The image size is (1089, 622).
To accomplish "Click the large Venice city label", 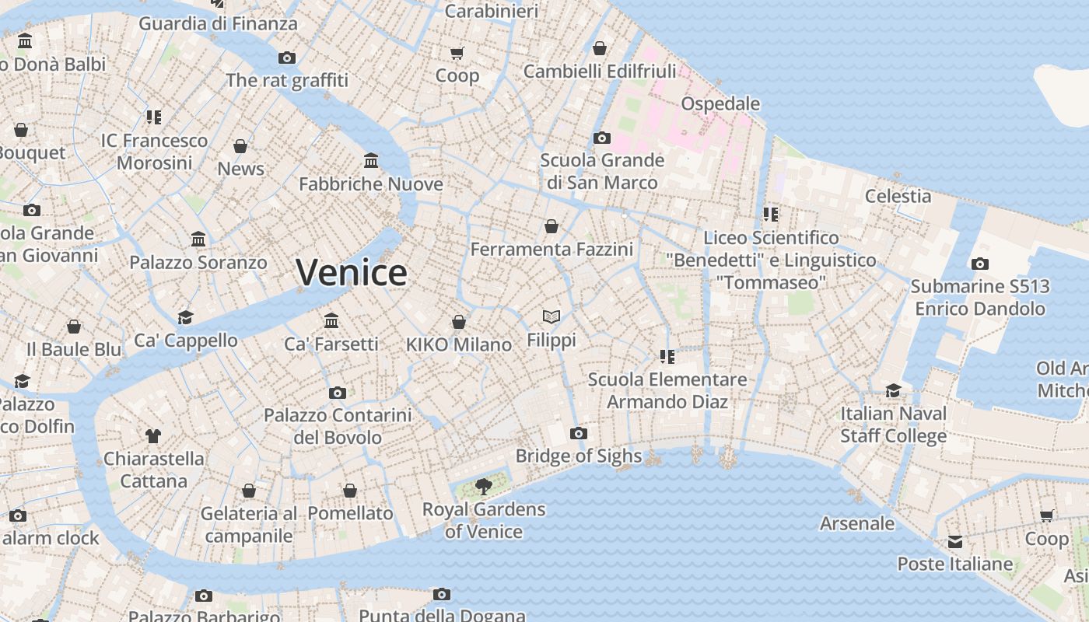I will point(352,272).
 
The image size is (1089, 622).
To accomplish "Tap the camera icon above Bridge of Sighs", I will point(578,433).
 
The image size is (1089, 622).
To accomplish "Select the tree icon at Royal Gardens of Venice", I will point(483,487).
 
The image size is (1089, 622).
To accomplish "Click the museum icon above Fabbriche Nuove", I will point(371,160).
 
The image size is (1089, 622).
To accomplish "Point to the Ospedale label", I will point(720,103).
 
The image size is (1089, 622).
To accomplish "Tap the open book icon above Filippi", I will point(552,316).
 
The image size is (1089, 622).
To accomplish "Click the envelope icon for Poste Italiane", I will point(955,541).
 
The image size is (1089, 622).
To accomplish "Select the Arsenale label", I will point(856,523).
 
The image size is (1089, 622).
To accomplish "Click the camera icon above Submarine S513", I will point(980,264).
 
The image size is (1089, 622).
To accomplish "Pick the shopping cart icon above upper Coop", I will point(457,53).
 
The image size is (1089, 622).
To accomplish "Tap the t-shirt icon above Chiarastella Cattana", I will point(153,435).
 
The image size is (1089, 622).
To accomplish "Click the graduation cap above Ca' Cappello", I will point(185,317).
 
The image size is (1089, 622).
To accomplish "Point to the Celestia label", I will point(898,196).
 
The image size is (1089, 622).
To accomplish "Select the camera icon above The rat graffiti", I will point(287,58).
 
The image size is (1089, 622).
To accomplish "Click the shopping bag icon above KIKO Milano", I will point(459,321).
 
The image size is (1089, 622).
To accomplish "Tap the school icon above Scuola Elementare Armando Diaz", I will point(667,356).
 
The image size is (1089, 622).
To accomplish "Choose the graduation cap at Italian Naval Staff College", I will point(893,390).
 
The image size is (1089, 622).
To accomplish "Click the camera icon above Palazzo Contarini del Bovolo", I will point(337,393).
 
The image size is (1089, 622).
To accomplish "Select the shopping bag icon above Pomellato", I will point(350,491).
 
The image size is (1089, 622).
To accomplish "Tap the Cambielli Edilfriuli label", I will point(600,72).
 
